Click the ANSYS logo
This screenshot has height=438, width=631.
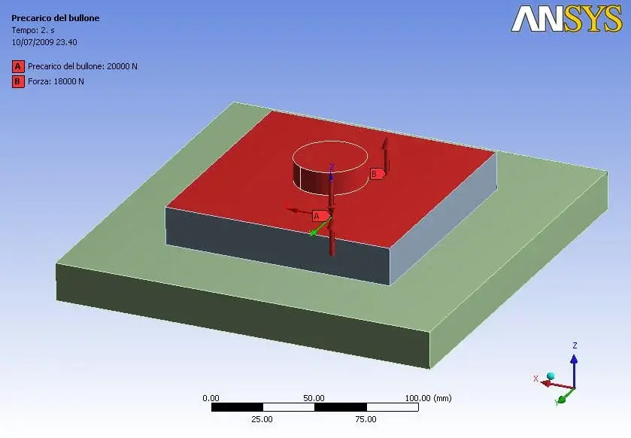click(566, 19)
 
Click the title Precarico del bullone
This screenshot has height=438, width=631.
click(55, 18)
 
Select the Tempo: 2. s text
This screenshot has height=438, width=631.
click(33, 30)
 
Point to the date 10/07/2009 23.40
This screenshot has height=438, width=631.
click(44, 42)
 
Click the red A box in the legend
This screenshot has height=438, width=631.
click(18, 66)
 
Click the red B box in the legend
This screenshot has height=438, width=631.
click(18, 81)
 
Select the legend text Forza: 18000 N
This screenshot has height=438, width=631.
click(56, 81)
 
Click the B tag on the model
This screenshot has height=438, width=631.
click(377, 174)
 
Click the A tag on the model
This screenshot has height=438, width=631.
click(320, 216)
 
